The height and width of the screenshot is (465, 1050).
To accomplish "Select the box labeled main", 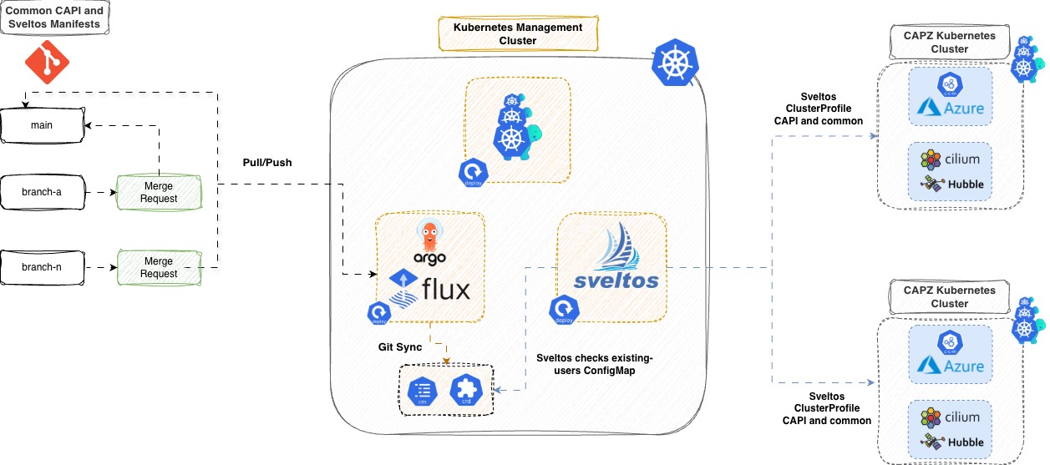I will tap(42, 125).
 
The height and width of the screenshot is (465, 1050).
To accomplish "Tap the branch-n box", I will tap(42, 267).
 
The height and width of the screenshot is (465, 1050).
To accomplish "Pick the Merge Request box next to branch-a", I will tap(159, 192).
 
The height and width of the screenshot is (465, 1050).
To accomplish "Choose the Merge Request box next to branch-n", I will tap(159, 267).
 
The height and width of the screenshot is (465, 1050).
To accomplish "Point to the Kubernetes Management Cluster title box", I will tap(518, 33).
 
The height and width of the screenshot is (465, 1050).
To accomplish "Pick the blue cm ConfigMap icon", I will tap(423, 391).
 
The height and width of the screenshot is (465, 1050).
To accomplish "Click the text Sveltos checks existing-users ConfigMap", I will tap(594, 364).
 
